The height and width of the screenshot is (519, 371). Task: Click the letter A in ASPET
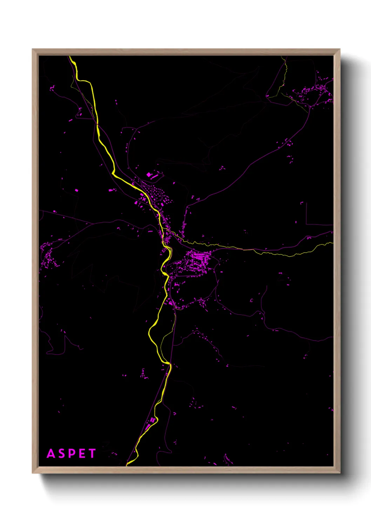coord(51,453)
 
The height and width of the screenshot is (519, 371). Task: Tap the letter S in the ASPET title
coord(61,453)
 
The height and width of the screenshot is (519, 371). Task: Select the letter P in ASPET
coord(72,453)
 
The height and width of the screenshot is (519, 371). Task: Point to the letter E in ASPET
coord(82,453)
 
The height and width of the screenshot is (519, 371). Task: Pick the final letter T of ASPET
coord(92,453)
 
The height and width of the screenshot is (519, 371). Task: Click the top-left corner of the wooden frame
coord(33,49)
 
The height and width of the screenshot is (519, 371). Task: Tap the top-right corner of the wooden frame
coord(339,49)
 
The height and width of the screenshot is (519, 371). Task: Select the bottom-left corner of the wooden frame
coord(33,473)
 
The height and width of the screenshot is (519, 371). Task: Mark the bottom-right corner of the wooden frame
coord(339,473)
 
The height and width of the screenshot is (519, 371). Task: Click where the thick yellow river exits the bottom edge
coord(128,465)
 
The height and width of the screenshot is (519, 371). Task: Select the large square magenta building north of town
coord(148,174)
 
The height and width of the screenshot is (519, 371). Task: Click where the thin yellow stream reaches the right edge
coord(332,242)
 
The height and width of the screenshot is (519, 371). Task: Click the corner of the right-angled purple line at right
coord(306,224)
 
